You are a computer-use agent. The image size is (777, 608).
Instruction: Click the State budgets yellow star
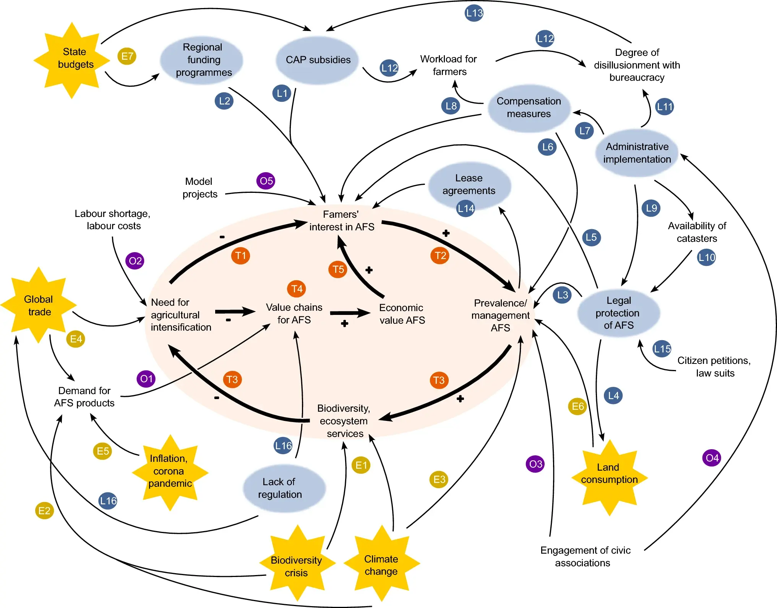pyautogui.click(x=72, y=60)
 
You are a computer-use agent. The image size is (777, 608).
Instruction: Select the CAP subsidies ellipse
pyautogui.click(x=317, y=60)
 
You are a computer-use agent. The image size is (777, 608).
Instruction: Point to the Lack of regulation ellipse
pyautogui.click(x=284, y=489)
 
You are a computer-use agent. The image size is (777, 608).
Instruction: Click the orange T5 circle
pyautogui.click(x=338, y=269)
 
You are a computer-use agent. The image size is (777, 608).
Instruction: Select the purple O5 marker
pyautogui.click(x=266, y=181)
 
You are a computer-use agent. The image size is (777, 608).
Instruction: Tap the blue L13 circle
pyautogui.click(x=474, y=13)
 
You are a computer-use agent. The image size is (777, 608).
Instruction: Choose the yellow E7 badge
pyautogui.click(x=127, y=56)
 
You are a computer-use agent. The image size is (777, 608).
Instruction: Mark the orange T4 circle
pyautogui.click(x=297, y=289)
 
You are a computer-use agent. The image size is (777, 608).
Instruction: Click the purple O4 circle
pyautogui.click(x=712, y=458)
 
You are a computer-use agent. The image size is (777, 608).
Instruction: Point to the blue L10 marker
pyautogui.click(x=706, y=257)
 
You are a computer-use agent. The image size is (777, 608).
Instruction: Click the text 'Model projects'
pyautogui.click(x=200, y=187)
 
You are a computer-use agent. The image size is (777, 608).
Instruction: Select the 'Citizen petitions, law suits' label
pyautogui.click(x=714, y=367)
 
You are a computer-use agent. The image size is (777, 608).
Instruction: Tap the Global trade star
pyautogui.click(x=39, y=305)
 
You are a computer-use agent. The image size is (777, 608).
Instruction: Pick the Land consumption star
pyautogui.click(x=609, y=478)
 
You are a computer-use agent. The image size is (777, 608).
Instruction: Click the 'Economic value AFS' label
pyautogui.click(x=402, y=314)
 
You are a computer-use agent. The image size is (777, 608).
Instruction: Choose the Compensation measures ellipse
pyautogui.click(x=529, y=108)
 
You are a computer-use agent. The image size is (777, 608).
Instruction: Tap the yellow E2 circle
pyautogui.click(x=44, y=510)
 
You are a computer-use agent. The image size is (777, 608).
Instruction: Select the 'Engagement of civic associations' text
pyautogui.click(x=585, y=556)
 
